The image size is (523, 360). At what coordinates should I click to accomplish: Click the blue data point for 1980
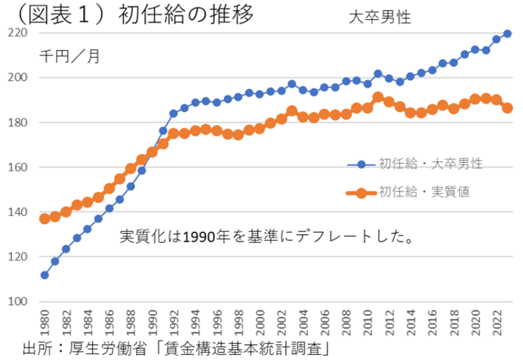pos(44,275)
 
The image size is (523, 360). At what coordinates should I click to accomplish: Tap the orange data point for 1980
pos(44,218)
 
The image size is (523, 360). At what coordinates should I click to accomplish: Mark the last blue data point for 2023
pos(508,33)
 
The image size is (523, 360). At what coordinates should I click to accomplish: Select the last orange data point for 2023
pos(508,108)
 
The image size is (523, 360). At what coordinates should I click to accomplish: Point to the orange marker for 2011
pos(378,97)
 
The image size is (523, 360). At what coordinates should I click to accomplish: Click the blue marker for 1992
pos(173,113)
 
